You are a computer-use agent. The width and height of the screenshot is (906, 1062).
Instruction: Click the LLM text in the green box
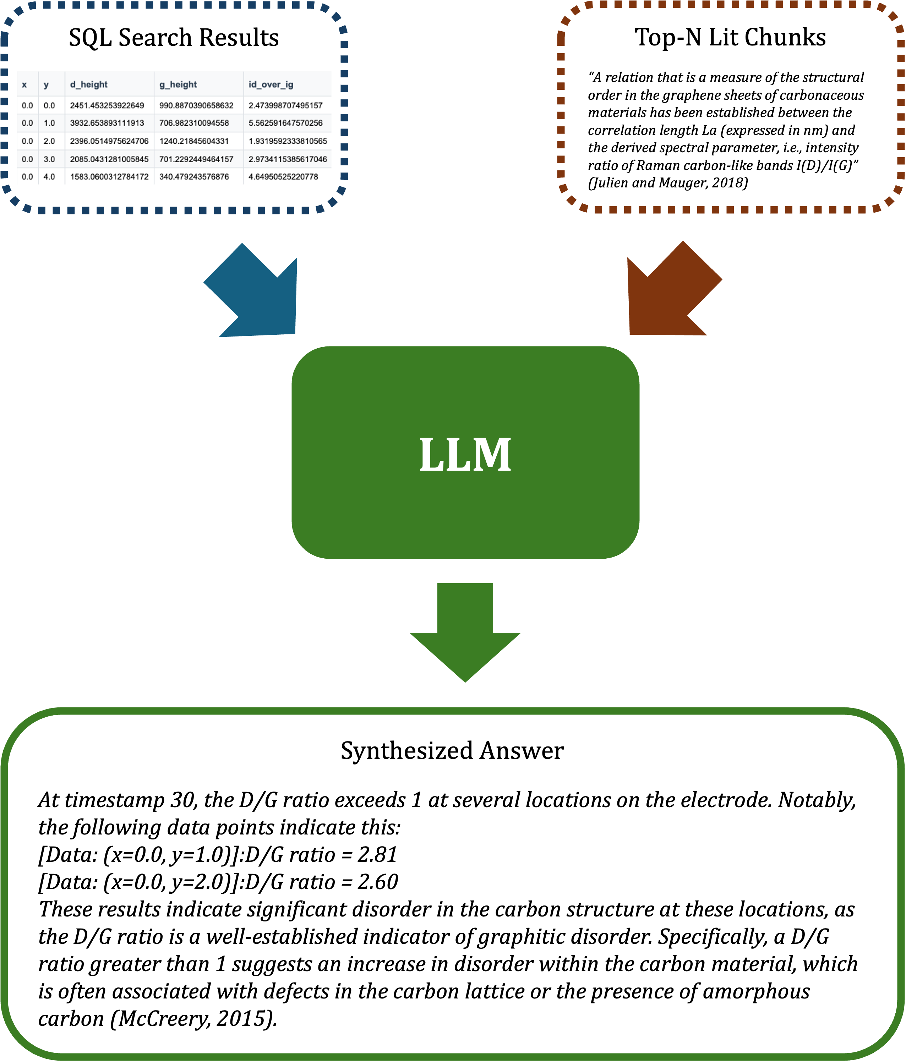(465, 454)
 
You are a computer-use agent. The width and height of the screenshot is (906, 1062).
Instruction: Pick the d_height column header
(89, 84)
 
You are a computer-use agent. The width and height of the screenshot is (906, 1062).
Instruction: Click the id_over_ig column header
(271, 84)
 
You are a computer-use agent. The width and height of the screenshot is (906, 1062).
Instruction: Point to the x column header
(24, 84)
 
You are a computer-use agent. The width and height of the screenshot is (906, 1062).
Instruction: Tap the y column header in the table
(46, 84)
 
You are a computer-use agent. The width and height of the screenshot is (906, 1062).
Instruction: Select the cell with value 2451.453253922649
(107, 105)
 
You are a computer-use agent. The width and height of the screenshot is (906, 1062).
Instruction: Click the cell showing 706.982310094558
(194, 123)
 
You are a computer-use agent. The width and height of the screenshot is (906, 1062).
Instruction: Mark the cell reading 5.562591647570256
(285, 123)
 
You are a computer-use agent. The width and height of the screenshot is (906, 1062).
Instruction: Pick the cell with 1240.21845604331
(194, 141)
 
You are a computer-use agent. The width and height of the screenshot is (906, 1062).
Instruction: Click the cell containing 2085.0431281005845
(109, 159)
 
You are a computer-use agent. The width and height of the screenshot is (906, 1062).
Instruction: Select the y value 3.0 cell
(49, 159)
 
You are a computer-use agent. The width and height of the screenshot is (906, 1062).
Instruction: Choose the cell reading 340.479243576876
(194, 176)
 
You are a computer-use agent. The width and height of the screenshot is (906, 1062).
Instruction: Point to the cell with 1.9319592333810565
(288, 141)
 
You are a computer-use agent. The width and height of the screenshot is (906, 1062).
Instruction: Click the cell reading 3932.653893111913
(107, 123)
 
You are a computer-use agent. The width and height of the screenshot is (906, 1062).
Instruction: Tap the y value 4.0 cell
(49, 176)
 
